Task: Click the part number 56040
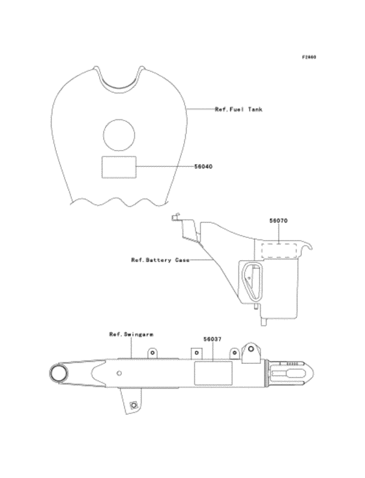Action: click(203, 167)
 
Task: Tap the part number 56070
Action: click(278, 220)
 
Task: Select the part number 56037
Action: click(212, 339)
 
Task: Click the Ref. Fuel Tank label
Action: click(239, 110)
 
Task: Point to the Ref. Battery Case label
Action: click(160, 260)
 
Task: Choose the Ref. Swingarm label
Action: click(131, 335)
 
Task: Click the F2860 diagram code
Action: click(309, 57)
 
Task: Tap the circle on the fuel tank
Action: click(119, 135)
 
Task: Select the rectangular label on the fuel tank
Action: click(119, 167)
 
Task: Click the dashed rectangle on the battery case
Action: click(279, 250)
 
